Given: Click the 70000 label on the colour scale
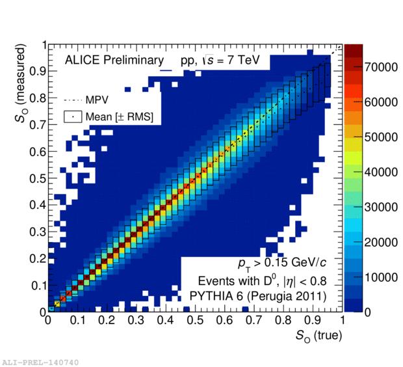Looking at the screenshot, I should pyautogui.click(x=380, y=68).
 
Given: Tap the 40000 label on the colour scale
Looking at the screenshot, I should pyautogui.click(x=380, y=172).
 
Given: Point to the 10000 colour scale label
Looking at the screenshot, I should pyautogui.click(x=380, y=277).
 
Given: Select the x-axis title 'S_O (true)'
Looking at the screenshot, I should pyautogui.click(x=315, y=336).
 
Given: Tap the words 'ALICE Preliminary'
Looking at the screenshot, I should pyautogui.click(x=114, y=61).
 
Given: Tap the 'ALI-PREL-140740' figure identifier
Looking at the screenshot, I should pyautogui.click(x=41, y=361).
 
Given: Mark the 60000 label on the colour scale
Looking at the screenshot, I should pyautogui.click(x=380, y=103).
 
